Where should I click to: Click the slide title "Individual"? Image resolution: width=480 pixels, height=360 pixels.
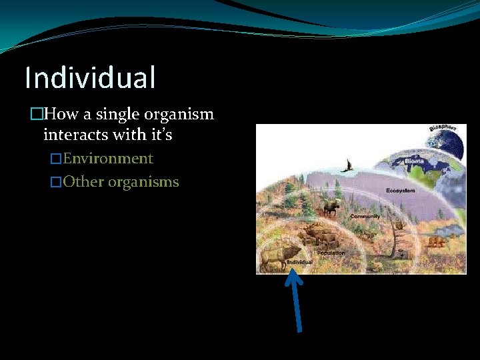[x=90, y=77]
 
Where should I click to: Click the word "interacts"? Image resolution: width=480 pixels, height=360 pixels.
[x=71, y=135]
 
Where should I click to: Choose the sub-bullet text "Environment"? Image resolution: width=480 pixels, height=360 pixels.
[x=108, y=159]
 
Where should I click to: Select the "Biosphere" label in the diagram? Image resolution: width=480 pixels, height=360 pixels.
[x=442, y=127]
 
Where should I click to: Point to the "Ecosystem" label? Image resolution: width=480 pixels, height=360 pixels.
[x=400, y=191]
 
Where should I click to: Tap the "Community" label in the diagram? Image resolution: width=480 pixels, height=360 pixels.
[x=365, y=217]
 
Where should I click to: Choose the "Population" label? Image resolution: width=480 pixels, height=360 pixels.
[x=331, y=253]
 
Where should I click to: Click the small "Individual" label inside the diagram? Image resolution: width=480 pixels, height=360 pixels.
[x=299, y=263]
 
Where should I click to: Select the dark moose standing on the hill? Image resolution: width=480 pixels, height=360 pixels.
[x=331, y=209]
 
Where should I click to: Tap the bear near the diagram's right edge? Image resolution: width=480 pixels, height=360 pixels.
[x=436, y=241]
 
